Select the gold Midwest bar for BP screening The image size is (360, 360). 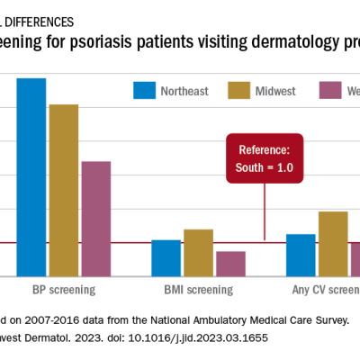click(64, 190)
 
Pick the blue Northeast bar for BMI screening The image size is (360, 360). click(166, 258)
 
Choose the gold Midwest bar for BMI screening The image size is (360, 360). click(198, 253)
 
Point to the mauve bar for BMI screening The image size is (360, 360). click(230, 264)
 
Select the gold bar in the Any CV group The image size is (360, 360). click(333, 244)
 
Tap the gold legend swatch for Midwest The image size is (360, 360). click(238, 90)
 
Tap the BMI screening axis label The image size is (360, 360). click(198, 290)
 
